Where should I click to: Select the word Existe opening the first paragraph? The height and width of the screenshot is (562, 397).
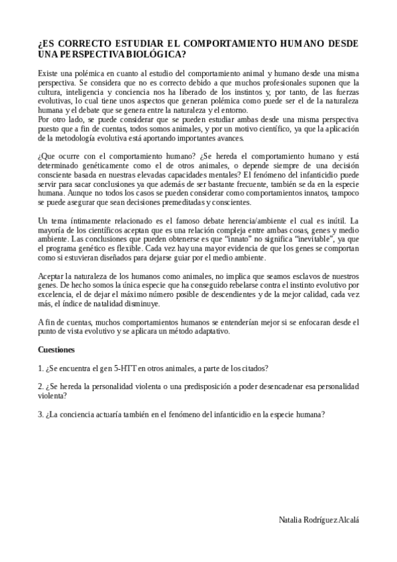coord(49,70)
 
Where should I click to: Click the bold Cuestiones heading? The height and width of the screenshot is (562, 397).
coord(57,349)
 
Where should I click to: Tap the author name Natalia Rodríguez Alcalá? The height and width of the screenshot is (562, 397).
coord(320,521)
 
